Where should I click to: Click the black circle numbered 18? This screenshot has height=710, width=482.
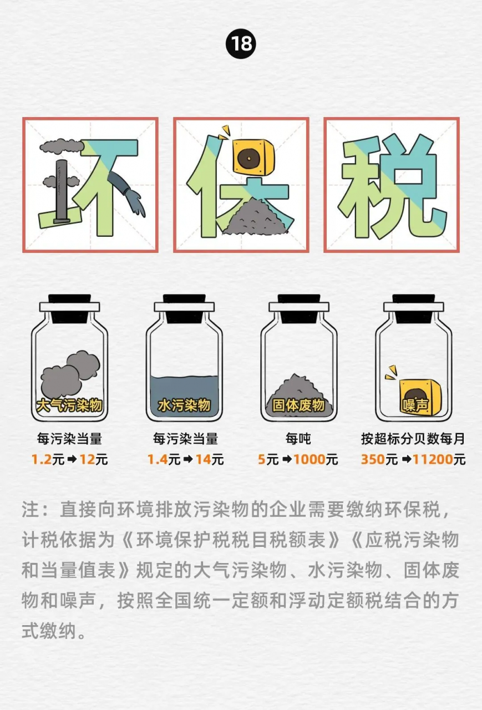pyautogui.click(x=241, y=44)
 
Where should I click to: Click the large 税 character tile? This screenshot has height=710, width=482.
pyautogui.click(x=392, y=185)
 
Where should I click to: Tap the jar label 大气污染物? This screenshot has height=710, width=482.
pyautogui.click(x=69, y=405)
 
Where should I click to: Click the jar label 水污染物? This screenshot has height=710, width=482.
pyautogui.click(x=184, y=405)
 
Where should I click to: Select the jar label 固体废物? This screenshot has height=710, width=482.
pyautogui.click(x=298, y=405)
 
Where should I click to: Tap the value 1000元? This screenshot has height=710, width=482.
pyautogui.click(x=316, y=459)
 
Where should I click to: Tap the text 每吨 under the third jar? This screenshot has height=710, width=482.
pyautogui.click(x=298, y=439)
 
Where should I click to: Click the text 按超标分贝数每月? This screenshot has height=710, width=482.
pyautogui.click(x=413, y=439)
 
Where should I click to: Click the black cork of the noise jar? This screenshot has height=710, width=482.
pyautogui.click(x=413, y=308)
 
